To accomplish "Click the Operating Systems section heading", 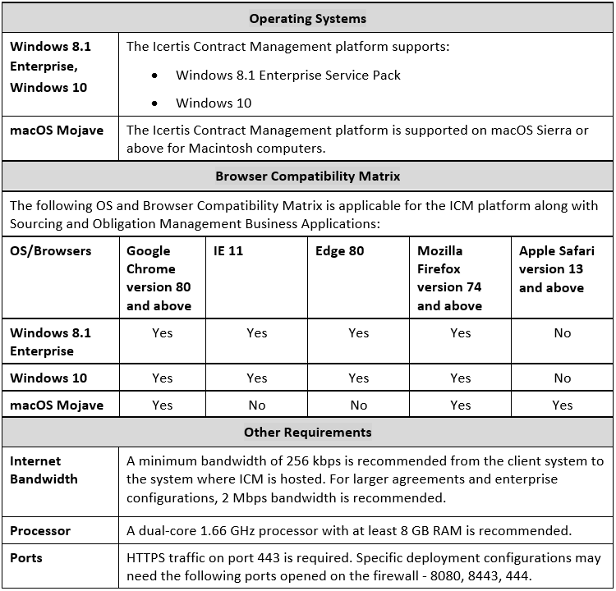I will (x=307, y=18).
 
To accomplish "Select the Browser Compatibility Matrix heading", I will (x=307, y=176).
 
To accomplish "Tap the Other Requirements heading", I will (x=307, y=432).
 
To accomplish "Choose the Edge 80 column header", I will (x=339, y=251).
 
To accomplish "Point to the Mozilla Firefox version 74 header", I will (x=449, y=278).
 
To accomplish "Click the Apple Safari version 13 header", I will (x=557, y=269).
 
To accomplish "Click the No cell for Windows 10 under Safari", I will (x=563, y=378).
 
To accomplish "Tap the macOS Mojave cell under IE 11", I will (x=257, y=405).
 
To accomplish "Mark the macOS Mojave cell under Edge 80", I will (x=359, y=405).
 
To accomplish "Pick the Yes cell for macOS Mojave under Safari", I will (x=563, y=405).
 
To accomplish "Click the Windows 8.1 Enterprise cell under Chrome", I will (x=163, y=333).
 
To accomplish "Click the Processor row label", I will (x=41, y=530).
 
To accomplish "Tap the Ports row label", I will (x=26, y=558).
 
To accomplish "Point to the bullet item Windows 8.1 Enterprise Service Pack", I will (x=288, y=76).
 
